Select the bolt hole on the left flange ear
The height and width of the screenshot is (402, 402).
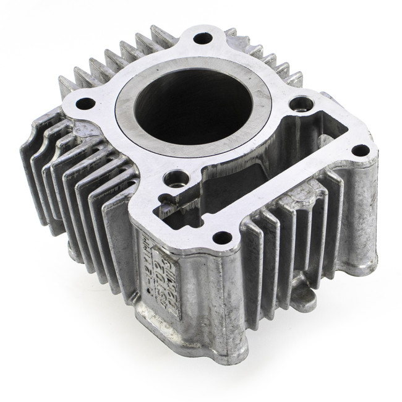pyautogui.click(x=85, y=102)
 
